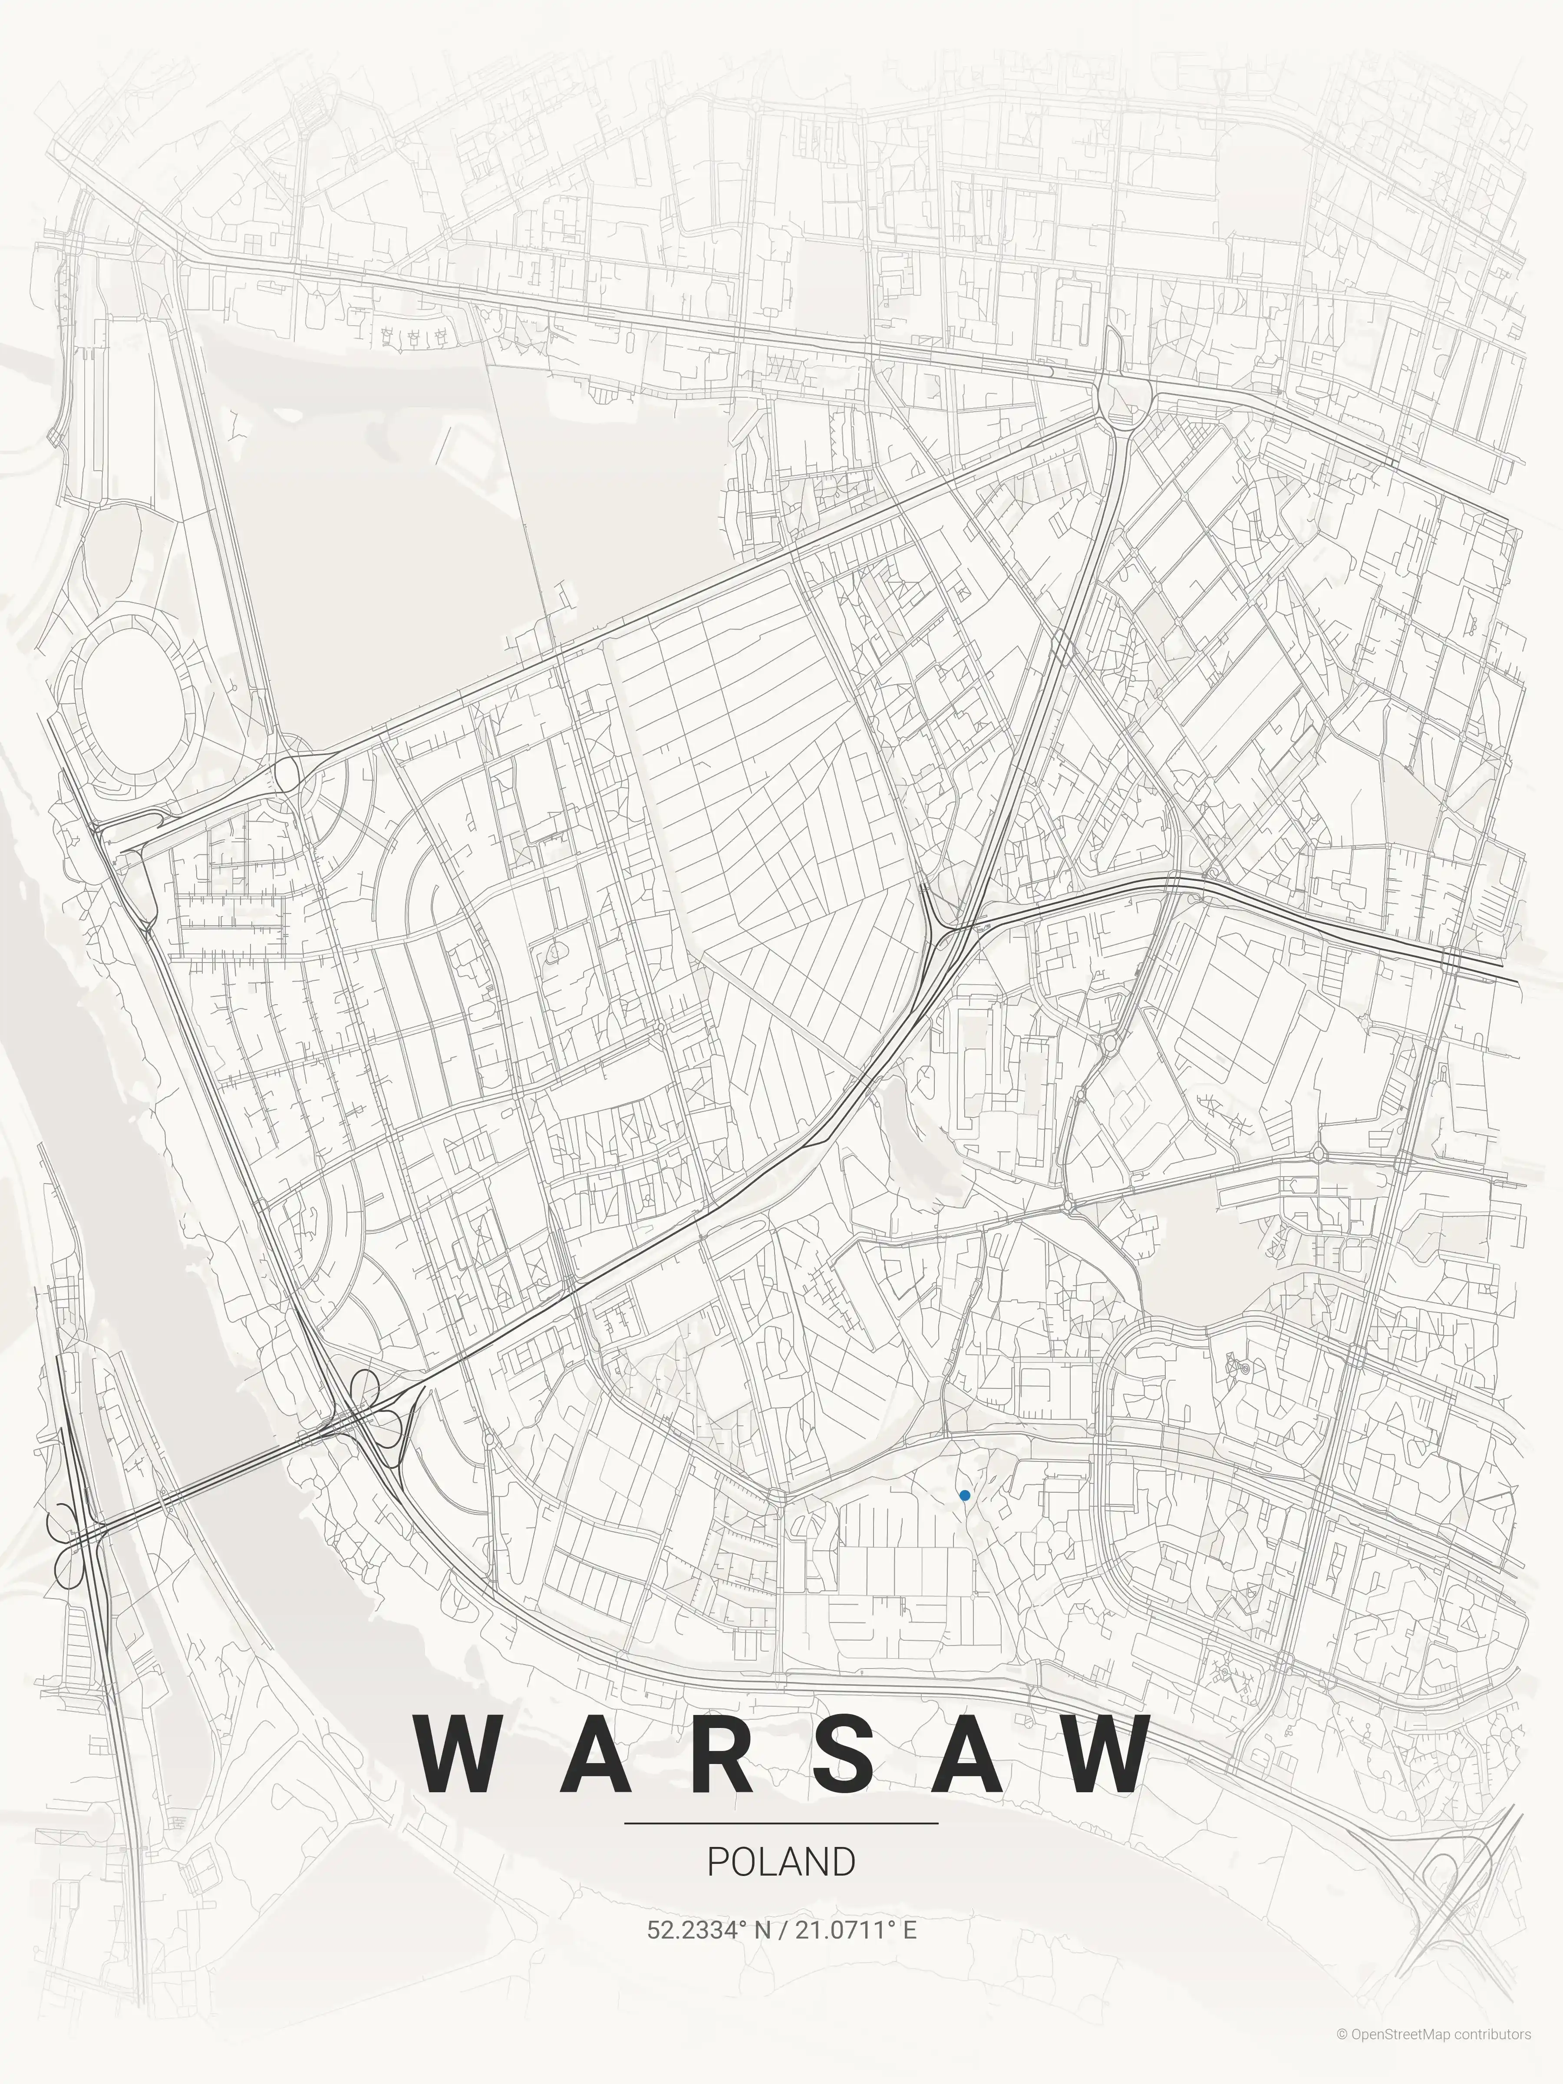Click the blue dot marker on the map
click(x=965, y=1495)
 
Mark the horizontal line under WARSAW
click(x=781, y=1823)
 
